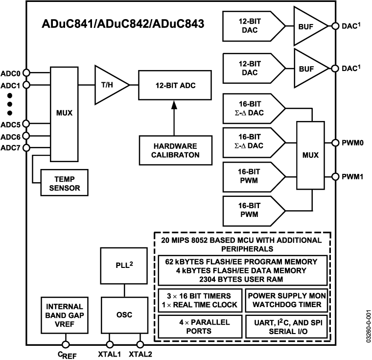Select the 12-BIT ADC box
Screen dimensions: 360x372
coord(175,85)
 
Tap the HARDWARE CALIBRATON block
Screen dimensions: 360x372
coord(175,150)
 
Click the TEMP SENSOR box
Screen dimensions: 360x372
coord(65,183)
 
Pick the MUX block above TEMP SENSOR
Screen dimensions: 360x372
coord(64,114)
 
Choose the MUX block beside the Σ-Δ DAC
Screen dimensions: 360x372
coord(310,155)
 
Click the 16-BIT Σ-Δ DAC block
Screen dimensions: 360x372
coord(251,143)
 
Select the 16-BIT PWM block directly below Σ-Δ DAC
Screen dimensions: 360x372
coord(251,176)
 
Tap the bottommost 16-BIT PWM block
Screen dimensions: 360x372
coord(251,211)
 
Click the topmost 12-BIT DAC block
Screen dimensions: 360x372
coord(251,26)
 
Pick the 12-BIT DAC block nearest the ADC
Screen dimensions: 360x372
coord(251,68)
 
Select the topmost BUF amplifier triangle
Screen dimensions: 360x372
coord(307,26)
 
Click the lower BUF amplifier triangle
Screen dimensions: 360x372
coord(307,69)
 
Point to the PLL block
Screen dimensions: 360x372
coord(124,265)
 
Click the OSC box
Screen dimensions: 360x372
coord(124,315)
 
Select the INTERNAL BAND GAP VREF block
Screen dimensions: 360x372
coord(65,315)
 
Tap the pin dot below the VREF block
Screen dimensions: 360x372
coord(66,345)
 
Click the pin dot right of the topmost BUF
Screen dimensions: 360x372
coord(335,26)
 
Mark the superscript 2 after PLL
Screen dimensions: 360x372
coord(131,263)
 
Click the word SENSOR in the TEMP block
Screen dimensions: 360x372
coord(65,188)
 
